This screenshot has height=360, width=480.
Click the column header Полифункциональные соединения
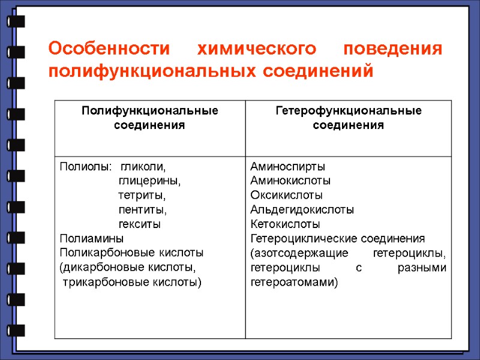click(x=150, y=118)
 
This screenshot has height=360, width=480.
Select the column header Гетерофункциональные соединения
click(x=348, y=118)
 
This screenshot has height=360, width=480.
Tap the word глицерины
click(x=149, y=181)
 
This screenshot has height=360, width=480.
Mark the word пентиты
click(x=143, y=210)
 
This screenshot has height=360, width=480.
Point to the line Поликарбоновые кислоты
click(x=131, y=253)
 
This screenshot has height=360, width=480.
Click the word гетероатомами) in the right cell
click(x=295, y=282)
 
